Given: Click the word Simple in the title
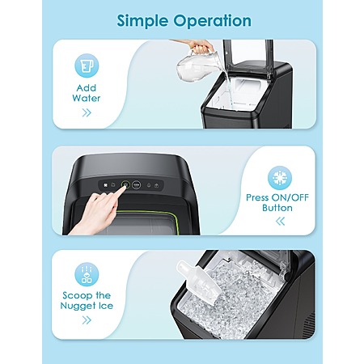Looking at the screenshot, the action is click(142, 21).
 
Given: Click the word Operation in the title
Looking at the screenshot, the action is click(213, 21).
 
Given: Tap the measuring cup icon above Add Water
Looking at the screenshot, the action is click(87, 66).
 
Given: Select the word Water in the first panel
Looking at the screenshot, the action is click(87, 98).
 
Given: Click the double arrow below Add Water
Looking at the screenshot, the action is click(87, 112).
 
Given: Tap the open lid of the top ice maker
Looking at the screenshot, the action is click(248, 58).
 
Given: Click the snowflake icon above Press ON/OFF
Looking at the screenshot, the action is click(280, 178).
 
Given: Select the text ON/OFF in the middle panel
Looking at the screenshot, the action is click(290, 197).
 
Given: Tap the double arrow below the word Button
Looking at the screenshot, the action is click(281, 222).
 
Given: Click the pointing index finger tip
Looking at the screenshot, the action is click(124, 188).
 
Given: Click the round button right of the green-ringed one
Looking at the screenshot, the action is click(137, 185).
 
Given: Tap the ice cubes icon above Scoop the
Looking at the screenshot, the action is click(87, 274).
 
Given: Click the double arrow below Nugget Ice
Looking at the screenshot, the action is click(87, 320).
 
